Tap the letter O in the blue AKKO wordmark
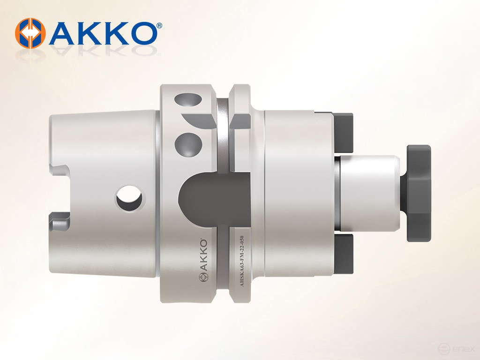click(x=140, y=33)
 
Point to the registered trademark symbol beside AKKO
click(x=159, y=25)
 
